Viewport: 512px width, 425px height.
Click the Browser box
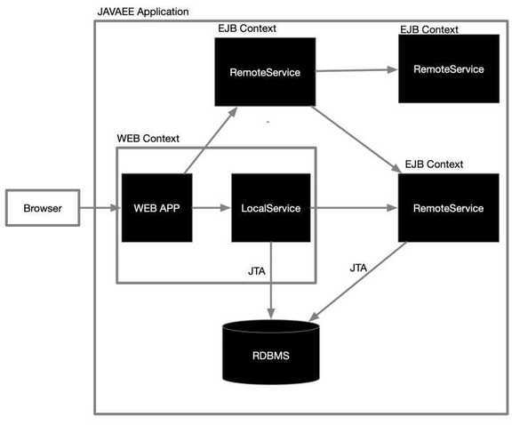(43, 208)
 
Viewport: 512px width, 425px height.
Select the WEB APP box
(156, 208)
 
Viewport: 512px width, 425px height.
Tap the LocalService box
(271, 208)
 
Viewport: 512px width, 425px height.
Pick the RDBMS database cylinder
(271, 352)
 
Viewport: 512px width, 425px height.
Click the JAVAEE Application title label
(143, 12)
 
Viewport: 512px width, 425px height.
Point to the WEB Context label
(148, 139)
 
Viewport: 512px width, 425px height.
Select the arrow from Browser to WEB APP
(100, 208)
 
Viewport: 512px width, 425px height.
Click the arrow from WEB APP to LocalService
(212, 208)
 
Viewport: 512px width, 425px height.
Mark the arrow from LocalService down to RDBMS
(271, 280)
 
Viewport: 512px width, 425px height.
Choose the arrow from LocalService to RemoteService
(354, 208)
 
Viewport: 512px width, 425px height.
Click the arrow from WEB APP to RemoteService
(211, 140)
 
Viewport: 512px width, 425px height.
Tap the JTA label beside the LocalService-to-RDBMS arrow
(257, 271)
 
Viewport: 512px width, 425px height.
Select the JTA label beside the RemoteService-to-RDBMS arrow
(358, 269)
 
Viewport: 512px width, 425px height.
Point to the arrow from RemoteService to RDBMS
(357, 282)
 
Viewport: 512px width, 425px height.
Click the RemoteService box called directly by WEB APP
(265, 72)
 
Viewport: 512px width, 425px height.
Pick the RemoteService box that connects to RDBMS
(448, 208)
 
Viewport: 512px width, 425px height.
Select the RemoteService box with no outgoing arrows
(449, 68)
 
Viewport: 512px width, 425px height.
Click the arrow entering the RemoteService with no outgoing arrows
(356, 70)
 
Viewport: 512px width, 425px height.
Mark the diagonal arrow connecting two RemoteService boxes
(356, 140)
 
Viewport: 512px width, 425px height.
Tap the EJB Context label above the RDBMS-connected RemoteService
(434, 164)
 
